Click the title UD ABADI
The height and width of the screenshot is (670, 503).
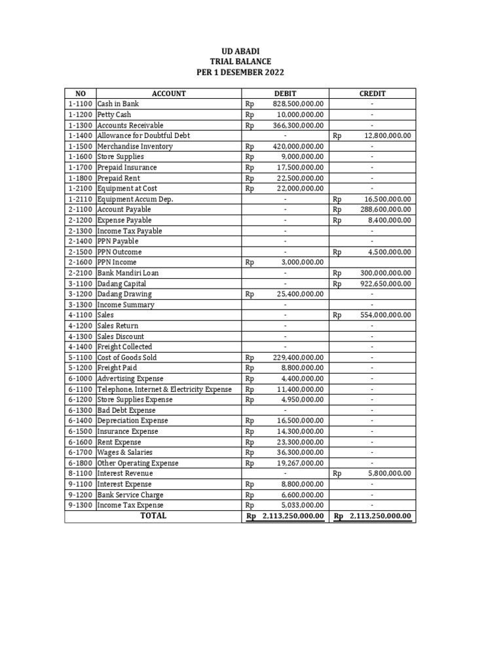(240, 50)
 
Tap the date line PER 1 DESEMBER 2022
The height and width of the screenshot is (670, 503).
(240, 72)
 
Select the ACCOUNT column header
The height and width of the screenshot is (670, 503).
(169, 94)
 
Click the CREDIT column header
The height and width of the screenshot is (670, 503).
(372, 94)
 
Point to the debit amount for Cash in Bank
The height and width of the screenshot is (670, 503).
(298, 104)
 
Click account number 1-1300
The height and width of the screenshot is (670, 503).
(79, 125)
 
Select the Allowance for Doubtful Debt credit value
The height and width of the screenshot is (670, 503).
(387, 135)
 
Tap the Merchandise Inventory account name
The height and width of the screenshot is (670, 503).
(135, 146)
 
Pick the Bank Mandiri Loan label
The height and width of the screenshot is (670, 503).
(128, 273)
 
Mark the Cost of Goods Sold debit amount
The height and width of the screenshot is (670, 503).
(298, 357)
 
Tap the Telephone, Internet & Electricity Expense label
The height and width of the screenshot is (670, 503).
(164, 389)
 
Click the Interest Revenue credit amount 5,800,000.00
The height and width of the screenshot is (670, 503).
(387, 473)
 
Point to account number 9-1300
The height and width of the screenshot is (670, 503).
(79, 505)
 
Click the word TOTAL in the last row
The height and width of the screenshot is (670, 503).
(153, 516)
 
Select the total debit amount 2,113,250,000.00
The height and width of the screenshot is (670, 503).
(293, 516)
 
